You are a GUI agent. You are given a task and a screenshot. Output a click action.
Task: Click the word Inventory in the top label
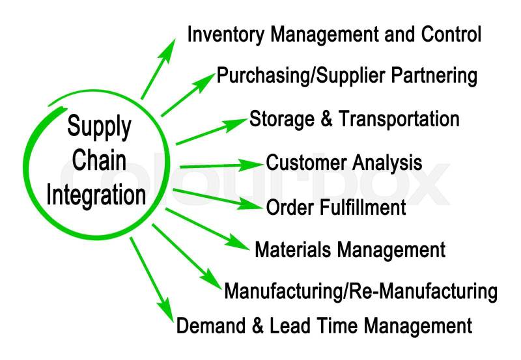(x=220, y=35)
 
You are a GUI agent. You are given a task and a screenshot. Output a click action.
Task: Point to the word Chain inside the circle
(x=99, y=161)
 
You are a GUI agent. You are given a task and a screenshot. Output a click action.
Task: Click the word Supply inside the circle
(x=98, y=126)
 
